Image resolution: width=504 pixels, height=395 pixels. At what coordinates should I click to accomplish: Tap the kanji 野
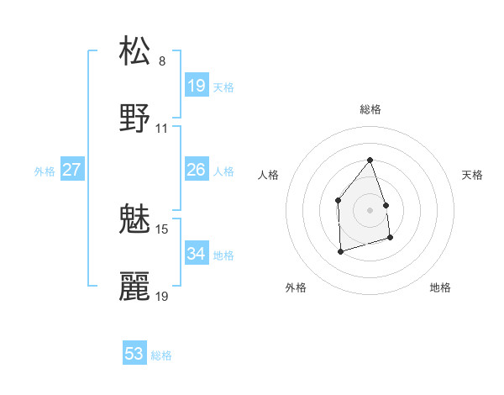click(135, 118)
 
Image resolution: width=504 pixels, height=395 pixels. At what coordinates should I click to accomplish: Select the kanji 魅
click(135, 219)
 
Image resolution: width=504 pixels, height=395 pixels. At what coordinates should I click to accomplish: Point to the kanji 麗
click(135, 287)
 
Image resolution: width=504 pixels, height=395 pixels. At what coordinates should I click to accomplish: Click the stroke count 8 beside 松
click(162, 61)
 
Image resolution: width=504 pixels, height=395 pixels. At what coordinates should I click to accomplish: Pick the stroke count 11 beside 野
click(162, 129)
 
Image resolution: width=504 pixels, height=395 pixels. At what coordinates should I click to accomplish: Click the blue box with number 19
click(197, 86)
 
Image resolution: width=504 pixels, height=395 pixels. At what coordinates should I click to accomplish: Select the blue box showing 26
click(197, 171)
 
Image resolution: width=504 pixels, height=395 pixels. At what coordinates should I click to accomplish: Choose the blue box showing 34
click(197, 254)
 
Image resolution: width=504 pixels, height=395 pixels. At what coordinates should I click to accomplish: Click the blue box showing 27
click(72, 171)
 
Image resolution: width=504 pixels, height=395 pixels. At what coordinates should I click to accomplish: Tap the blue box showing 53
click(134, 354)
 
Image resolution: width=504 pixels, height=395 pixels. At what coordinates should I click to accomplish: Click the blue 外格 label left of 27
click(45, 171)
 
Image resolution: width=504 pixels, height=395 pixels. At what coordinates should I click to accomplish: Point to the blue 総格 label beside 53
click(161, 355)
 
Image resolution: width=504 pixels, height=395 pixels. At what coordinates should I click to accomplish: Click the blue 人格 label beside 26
click(223, 171)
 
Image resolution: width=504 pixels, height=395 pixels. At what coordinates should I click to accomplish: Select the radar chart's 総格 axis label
click(370, 109)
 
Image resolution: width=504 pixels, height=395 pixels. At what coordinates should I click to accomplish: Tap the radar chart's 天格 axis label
click(473, 175)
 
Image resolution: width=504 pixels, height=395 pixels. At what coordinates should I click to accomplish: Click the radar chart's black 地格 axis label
click(440, 287)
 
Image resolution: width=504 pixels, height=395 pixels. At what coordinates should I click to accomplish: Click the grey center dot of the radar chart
click(370, 210)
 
